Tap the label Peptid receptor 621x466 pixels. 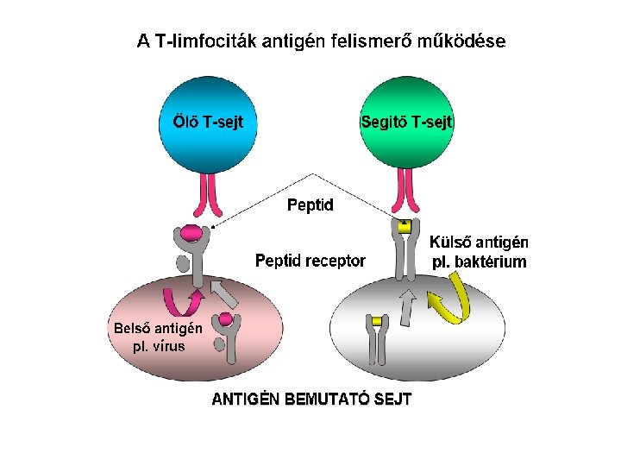pyautogui.click(x=310, y=261)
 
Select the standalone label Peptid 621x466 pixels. pyautogui.click(x=310, y=205)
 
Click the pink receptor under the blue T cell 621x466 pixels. pyautogui.click(x=209, y=195)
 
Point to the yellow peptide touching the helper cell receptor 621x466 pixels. pyautogui.click(x=403, y=226)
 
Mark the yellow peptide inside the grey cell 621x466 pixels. pyautogui.click(x=376, y=322)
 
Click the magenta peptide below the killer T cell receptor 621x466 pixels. pyautogui.click(x=191, y=233)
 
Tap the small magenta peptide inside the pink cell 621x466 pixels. pyautogui.click(x=225, y=319)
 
